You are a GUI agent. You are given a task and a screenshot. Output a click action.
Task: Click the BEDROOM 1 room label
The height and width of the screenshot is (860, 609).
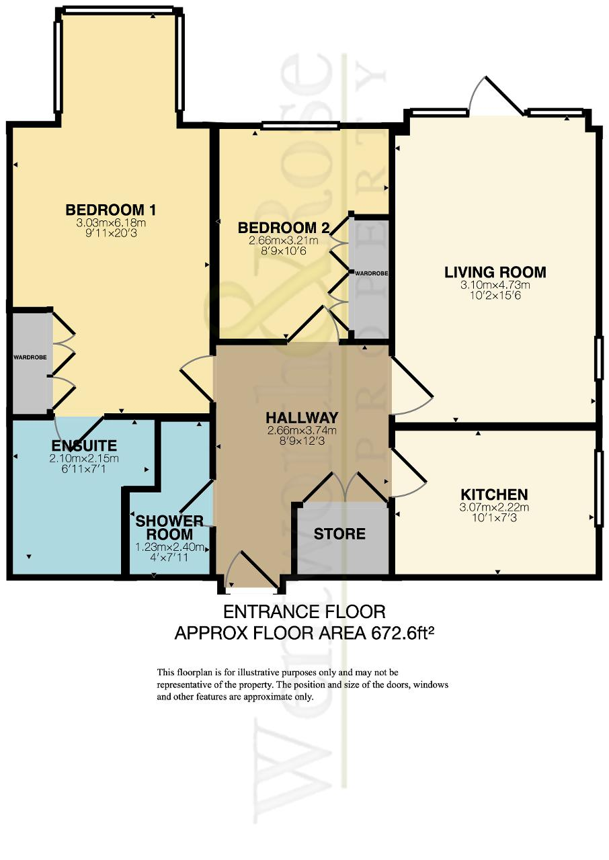coord(111,210)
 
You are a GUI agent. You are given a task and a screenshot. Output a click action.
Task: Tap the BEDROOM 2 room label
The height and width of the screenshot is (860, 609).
coord(284,228)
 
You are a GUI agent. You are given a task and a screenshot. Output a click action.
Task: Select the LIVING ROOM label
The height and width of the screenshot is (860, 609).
coord(495,272)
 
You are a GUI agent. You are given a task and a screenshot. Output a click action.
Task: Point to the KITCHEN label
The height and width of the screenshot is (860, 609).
coord(494,494)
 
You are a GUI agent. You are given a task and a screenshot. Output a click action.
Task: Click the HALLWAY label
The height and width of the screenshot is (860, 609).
coord(302,417)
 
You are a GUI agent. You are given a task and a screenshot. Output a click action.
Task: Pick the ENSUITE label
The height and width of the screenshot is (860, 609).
coord(84,445)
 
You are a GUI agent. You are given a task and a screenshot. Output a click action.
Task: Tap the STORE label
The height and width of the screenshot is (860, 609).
coord(339,534)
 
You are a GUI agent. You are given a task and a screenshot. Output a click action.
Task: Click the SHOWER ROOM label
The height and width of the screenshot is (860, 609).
coord(169,527)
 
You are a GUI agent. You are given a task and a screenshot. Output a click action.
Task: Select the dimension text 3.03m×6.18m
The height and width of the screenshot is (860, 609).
coord(111,222)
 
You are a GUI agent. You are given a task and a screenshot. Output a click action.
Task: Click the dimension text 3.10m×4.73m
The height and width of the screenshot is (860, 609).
coord(495,286)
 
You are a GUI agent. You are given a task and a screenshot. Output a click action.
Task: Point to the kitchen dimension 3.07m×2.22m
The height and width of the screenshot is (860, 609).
coord(494,507)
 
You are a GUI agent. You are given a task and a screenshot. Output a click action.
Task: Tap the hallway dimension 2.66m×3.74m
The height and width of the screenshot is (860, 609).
coord(302,431)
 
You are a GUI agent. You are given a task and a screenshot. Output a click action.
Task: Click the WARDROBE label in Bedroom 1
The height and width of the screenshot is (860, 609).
coord(30,357)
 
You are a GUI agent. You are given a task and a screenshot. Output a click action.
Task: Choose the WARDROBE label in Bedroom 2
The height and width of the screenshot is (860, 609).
coord(371,273)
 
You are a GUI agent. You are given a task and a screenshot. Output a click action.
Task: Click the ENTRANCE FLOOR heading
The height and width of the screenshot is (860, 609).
coord(304,612)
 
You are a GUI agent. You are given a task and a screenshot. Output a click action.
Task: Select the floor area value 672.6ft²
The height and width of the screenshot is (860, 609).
coord(403,634)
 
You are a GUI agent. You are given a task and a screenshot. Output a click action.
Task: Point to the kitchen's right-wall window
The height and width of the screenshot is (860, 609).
coord(598,488)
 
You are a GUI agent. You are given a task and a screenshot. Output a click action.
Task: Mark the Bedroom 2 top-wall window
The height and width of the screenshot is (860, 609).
coord(300,125)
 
